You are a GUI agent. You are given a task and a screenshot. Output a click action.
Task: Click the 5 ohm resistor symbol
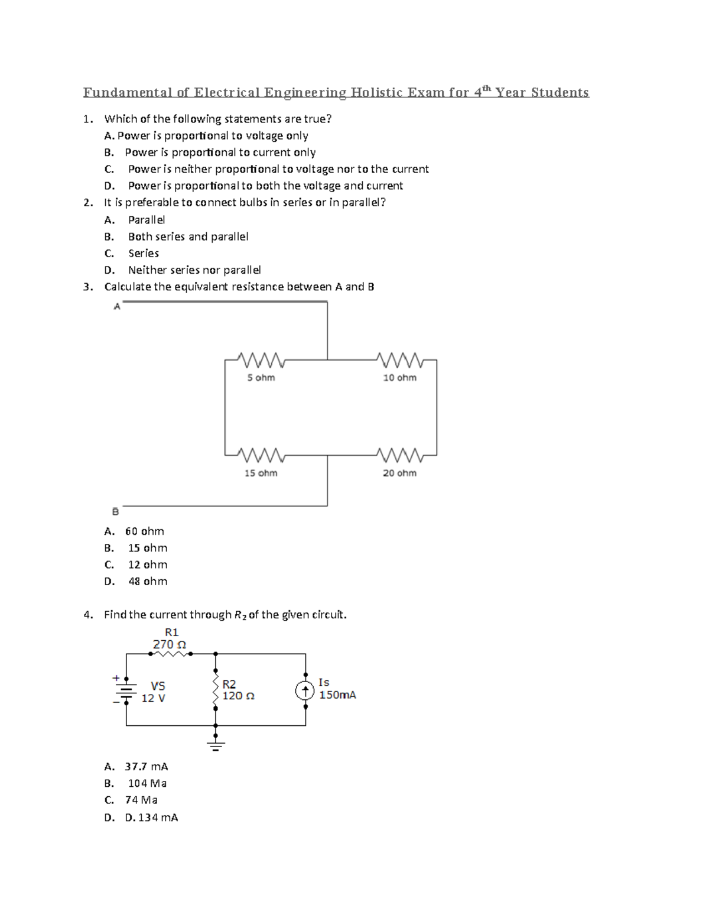coord(260,359)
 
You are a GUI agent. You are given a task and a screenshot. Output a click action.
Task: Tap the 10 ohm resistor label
coord(399,378)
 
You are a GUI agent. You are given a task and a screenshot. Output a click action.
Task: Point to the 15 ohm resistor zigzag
coord(260,455)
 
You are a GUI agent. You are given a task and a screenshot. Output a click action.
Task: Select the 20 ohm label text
coord(399,473)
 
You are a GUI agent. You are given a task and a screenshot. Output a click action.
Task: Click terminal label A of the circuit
coord(117,306)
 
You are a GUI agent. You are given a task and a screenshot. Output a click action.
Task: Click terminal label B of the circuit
coord(115,511)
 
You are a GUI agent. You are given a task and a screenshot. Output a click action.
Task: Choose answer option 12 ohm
coord(147,565)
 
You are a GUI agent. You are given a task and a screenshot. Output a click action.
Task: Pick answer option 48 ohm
coord(147,581)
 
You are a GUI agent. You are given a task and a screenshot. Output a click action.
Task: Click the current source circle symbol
coord(305,690)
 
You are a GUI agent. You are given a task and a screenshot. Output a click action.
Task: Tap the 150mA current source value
coord(337,695)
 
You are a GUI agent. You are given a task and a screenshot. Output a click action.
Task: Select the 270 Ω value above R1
coord(170,644)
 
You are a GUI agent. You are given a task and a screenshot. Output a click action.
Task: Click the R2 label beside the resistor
coord(229,684)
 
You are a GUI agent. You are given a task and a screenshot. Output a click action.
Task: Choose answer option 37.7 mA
coord(147,767)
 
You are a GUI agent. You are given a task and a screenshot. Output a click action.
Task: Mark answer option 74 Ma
coord(141,800)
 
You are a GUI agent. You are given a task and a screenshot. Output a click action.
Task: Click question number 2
coord(88,202)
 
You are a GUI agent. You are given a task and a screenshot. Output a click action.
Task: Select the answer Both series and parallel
coord(188,236)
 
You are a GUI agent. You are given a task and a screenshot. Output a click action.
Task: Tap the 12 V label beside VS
coord(154,698)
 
